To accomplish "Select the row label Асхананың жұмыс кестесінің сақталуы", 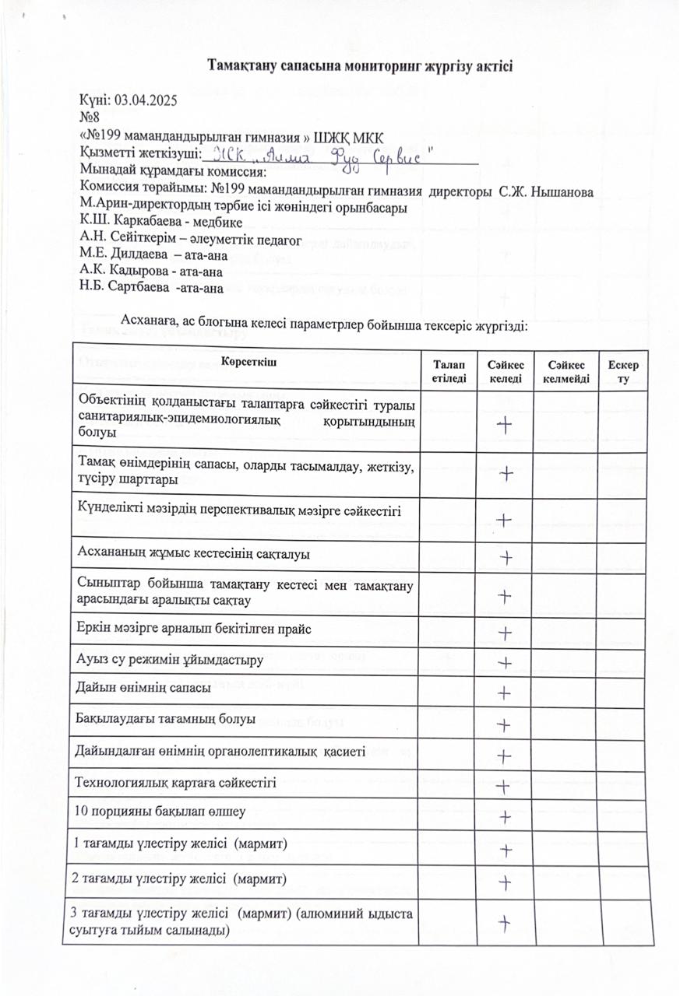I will (194, 555).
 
